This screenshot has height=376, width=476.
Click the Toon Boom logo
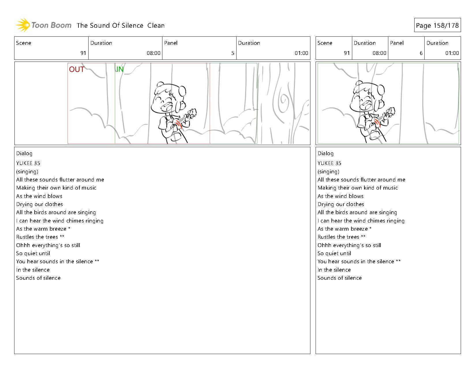tap(43, 25)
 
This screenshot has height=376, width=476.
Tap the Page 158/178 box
tap(437, 25)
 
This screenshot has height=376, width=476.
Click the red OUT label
tap(77, 69)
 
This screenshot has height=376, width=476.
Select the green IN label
tap(120, 69)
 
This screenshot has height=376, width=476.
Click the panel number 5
tap(233, 53)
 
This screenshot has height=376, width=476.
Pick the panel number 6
tap(421, 53)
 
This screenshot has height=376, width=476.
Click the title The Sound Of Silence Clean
tap(121, 25)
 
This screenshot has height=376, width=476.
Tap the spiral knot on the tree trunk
tap(283, 100)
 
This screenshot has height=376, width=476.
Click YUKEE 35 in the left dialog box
tap(28, 163)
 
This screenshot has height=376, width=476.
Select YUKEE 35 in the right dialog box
tap(329, 163)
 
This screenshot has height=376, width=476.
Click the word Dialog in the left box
tap(24, 153)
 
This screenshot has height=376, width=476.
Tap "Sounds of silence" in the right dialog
tap(340, 278)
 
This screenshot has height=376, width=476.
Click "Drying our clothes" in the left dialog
tap(40, 204)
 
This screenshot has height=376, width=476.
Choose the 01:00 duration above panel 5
tap(301, 53)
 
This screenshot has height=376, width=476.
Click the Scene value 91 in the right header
tap(347, 53)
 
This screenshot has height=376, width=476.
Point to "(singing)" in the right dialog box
tap(329, 172)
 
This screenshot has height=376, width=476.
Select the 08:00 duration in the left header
tap(153, 53)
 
